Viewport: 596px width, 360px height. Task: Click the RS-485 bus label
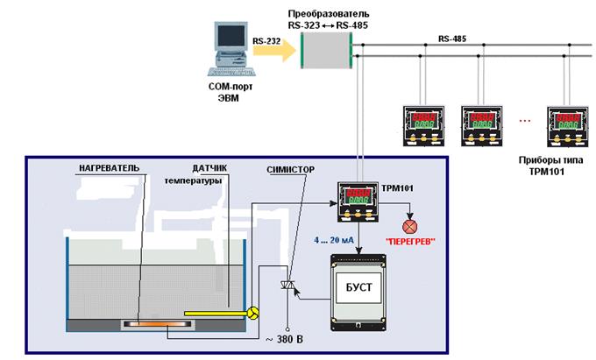454,39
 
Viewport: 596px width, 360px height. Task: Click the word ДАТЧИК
209,167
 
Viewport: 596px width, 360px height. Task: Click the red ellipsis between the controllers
525,118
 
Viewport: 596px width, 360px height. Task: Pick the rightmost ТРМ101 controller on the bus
565,127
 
